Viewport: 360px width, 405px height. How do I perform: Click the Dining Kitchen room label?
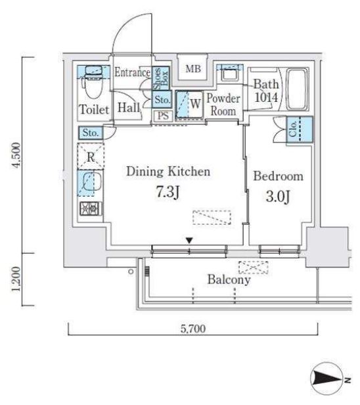point(168,172)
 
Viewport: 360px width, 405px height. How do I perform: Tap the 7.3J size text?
point(168,192)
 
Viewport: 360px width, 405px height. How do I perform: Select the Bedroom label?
point(278,176)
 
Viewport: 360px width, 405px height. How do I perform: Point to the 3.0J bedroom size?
point(278,197)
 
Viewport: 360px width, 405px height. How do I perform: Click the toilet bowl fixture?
point(92,85)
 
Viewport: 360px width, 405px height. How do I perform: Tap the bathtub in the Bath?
point(298,89)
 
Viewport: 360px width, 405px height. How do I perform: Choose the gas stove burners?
point(90,208)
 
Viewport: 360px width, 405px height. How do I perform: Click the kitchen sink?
point(91,182)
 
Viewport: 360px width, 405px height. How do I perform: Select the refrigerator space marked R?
point(91,156)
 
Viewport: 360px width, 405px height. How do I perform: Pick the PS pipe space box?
point(163,116)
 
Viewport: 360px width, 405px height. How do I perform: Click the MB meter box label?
point(193,68)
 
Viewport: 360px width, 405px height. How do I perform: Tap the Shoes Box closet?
point(160,78)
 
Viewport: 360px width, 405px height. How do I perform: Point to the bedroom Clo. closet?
point(300,129)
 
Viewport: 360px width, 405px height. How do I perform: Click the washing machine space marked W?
point(189,105)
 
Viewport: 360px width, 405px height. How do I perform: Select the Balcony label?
point(229,279)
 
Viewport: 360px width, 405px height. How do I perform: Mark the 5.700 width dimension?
point(193,329)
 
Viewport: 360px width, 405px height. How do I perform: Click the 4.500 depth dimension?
point(16,155)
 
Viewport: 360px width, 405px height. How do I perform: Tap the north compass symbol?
point(330,379)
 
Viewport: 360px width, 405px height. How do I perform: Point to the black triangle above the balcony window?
point(190,241)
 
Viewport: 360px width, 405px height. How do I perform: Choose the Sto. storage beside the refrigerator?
point(91,133)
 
